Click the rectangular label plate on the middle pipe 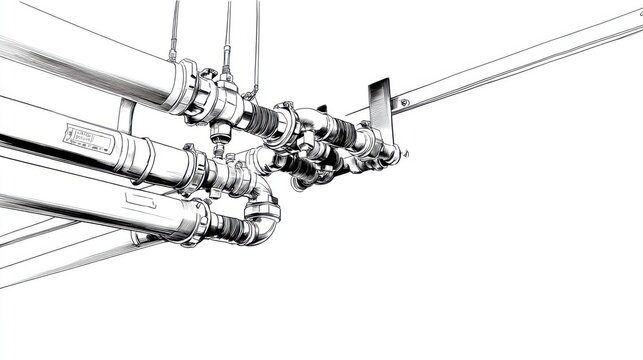click(x=87, y=138)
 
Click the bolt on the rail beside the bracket click(x=404, y=101)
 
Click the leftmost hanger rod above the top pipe click(x=175, y=30)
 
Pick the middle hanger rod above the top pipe click(x=227, y=35)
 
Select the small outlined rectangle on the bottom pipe click(x=140, y=198)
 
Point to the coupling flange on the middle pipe click(x=195, y=167)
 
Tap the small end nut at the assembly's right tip click(x=395, y=154)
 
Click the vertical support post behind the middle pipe click(x=125, y=116)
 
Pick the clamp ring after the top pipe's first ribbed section click(x=284, y=125)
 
